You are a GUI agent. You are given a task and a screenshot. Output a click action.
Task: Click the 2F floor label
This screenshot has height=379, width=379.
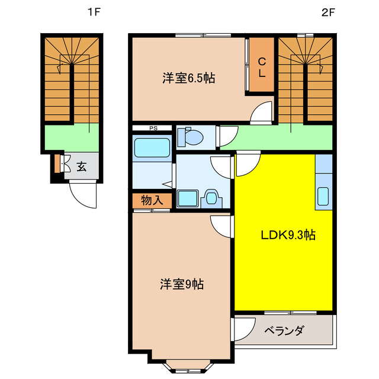(329, 12)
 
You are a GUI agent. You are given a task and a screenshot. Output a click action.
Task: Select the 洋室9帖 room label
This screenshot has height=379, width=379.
(181, 284)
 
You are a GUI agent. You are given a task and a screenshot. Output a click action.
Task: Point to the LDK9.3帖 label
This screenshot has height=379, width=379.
(288, 235)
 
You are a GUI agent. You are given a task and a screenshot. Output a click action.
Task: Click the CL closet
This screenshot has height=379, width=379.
(261, 66)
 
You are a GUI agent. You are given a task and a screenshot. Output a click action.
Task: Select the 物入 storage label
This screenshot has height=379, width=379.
(152, 201)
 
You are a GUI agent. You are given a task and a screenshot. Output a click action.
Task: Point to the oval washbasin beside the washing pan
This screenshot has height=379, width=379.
(211, 198)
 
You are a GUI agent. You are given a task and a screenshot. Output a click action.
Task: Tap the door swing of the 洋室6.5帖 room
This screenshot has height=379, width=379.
(261, 113)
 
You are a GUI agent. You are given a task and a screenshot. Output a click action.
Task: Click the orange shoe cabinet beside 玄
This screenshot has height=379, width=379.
(57, 163)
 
